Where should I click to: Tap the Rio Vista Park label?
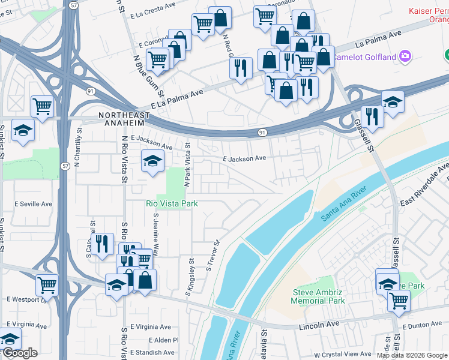172,203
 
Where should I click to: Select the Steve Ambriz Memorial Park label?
318,296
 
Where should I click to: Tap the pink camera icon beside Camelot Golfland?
406,57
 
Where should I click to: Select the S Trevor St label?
214,256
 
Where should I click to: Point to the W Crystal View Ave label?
343,355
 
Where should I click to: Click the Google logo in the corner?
19,353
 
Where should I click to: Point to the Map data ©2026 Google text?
412,355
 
